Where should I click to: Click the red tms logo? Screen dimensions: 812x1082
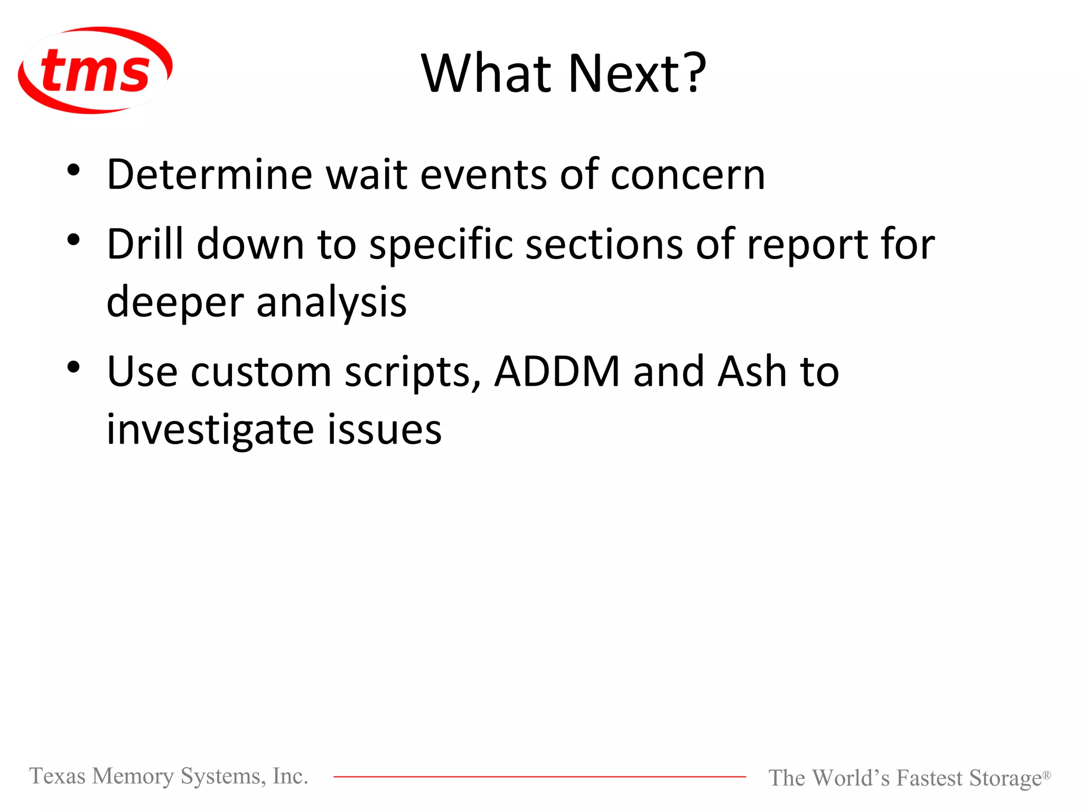(95, 70)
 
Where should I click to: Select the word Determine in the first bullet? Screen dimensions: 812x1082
(209, 174)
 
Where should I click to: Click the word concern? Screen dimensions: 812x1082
(687, 176)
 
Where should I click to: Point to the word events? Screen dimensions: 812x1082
(483, 174)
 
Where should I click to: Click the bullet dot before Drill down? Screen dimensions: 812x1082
(73, 239)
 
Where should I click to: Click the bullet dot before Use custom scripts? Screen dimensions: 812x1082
(73, 367)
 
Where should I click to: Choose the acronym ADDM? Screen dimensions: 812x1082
(557, 372)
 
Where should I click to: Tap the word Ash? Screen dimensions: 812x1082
(752, 372)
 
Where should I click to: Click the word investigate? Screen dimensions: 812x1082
(210, 430)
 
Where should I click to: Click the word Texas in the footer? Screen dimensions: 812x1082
(57, 776)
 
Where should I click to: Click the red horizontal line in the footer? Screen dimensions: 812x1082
(539, 777)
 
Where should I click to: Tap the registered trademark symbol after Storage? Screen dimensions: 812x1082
(1046, 774)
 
